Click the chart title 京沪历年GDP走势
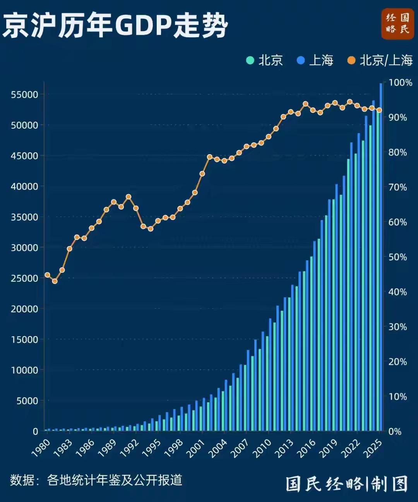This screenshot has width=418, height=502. pyautogui.click(x=115, y=26)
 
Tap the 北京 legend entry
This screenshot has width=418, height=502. pyautogui.click(x=265, y=60)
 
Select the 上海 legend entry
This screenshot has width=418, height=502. pyautogui.click(x=315, y=60)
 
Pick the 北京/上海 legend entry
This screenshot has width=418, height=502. pyautogui.click(x=380, y=60)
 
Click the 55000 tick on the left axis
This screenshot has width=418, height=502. pyautogui.click(x=24, y=95)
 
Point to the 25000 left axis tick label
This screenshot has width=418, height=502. pyautogui.click(x=24, y=278)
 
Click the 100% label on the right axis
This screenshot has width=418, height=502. pyautogui.click(x=400, y=83)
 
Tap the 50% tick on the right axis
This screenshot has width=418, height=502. pyautogui.click(x=397, y=257)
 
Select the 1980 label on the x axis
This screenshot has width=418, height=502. pyautogui.click(x=41, y=448)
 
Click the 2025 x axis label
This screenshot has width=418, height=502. pyautogui.click(x=373, y=449)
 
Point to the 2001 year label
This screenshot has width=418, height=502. pyautogui.click(x=196, y=449)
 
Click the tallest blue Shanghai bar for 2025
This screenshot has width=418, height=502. pyautogui.click(x=381, y=256)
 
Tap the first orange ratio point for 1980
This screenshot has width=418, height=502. pyautogui.click(x=47, y=275)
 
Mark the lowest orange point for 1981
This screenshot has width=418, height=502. pyautogui.click(x=55, y=281)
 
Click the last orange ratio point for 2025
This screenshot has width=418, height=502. pyautogui.click(x=379, y=110)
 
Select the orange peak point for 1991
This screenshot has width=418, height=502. pyautogui.click(x=128, y=197)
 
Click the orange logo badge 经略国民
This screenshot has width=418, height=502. pyautogui.click(x=397, y=24)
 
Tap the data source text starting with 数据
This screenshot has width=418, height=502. pyautogui.click(x=96, y=480)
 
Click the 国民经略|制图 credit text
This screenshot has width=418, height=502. pyautogui.click(x=346, y=484)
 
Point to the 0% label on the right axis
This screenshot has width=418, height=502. pyautogui.click(x=395, y=432)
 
